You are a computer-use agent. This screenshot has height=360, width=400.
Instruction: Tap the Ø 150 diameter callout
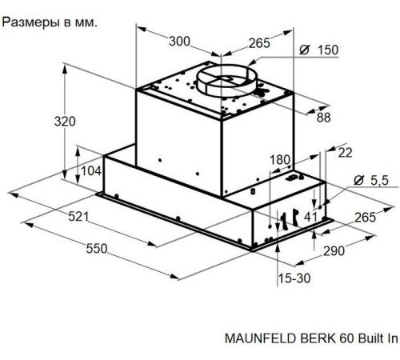(x=318, y=50)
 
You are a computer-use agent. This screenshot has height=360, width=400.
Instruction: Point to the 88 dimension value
(x=323, y=118)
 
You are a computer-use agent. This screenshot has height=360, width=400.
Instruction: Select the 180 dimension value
(x=278, y=160)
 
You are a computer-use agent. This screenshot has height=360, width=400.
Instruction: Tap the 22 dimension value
(x=345, y=153)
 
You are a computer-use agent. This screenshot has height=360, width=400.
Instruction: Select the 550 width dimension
(x=96, y=249)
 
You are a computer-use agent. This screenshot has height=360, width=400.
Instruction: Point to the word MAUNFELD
(x=260, y=338)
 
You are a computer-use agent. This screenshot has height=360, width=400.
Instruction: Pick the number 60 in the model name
(x=337, y=338)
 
